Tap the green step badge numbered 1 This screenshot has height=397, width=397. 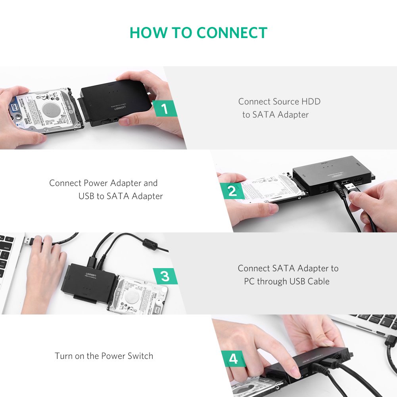click(x=165, y=108)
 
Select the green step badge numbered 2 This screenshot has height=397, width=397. click(x=232, y=191)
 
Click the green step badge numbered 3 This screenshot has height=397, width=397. click(x=165, y=276)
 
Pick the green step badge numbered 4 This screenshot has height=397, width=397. click(x=233, y=359)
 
